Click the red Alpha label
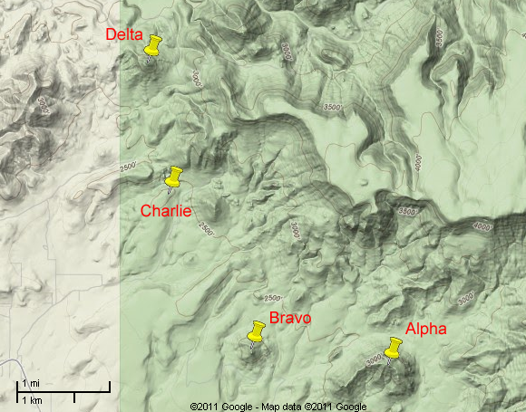[x=425, y=329]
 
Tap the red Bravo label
[x=290, y=319]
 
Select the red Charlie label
[x=166, y=211]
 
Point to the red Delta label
[x=124, y=35]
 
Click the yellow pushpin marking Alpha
[x=393, y=348]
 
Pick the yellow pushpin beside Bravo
[x=256, y=332]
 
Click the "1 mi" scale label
[x=32, y=381]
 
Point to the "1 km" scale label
[x=33, y=399]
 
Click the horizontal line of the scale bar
[x=63, y=391]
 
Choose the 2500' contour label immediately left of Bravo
[x=271, y=298]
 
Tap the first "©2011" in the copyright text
[x=205, y=406]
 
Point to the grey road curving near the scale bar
[x=11, y=366]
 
